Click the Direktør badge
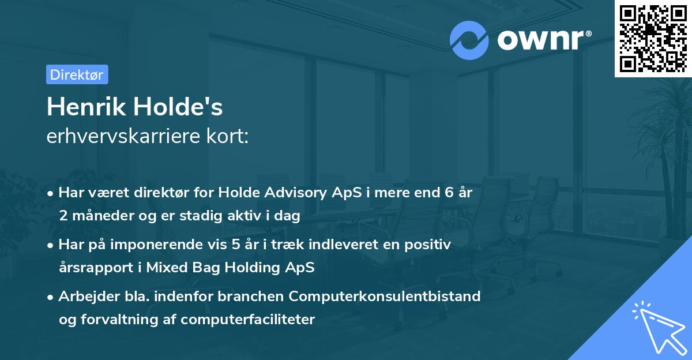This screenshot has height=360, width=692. [77, 74]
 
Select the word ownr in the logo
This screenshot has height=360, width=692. [542, 40]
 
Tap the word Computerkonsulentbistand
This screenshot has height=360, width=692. [385, 297]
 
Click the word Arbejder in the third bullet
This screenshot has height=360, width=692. [85, 297]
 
